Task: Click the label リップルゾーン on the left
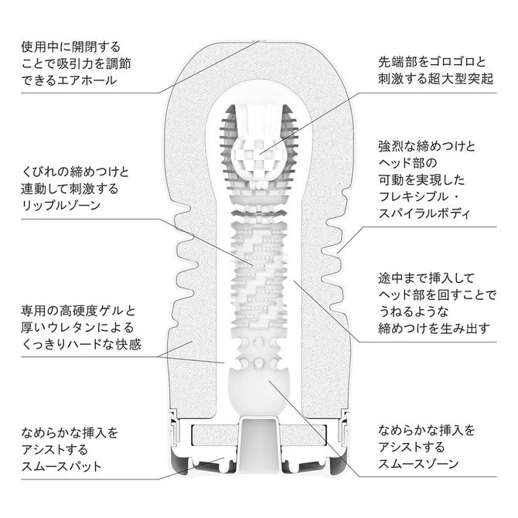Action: coord(61,206)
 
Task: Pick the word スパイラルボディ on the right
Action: coord(424,213)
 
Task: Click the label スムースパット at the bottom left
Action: coord(61,466)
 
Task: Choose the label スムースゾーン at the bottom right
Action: coord(418,464)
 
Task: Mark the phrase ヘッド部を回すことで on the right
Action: coord(437,295)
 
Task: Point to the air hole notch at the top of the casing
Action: coord(259,41)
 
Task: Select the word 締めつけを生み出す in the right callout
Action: coord(434,329)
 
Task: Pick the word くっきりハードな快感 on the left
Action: coord(81,345)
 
